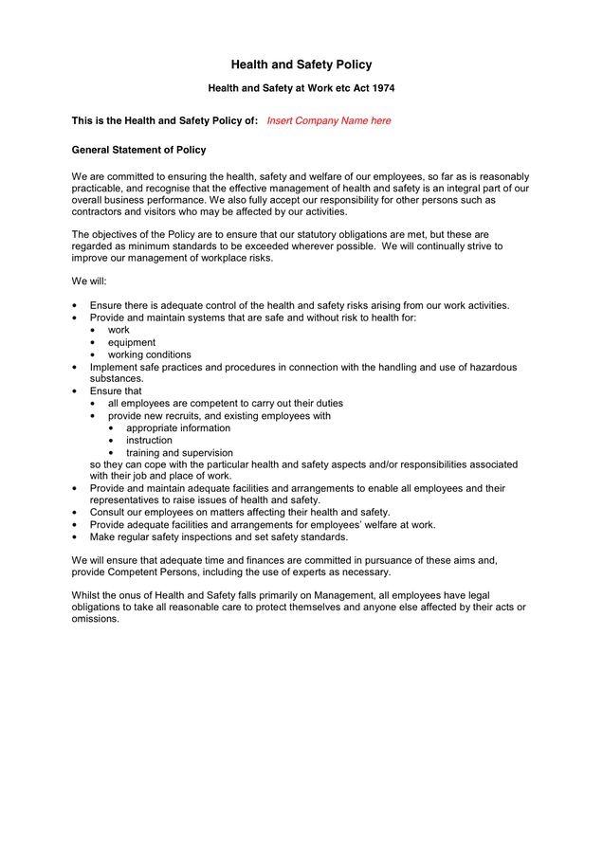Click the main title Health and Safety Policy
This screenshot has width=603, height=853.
tap(301, 64)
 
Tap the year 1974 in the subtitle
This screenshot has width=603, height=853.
tap(381, 88)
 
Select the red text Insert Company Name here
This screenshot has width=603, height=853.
tap(328, 120)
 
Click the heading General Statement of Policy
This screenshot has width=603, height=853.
tap(138, 150)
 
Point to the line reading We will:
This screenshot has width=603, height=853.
tap(89, 281)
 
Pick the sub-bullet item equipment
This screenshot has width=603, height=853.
tap(131, 342)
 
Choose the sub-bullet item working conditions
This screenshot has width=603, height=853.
tap(149, 354)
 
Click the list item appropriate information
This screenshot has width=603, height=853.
tap(177, 427)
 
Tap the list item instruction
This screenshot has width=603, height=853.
tap(149, 440)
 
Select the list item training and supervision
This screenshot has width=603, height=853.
tap(179, 453)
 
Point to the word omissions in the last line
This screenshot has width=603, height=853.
tap(96, 618)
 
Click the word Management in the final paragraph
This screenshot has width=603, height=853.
tap(342, 594)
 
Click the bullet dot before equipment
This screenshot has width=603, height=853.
tap(93, 342)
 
